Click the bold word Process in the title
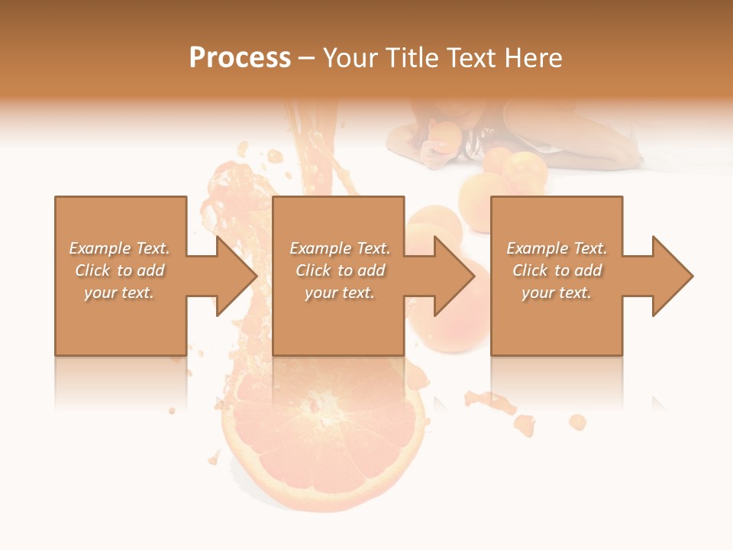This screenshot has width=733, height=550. (x=240, y=58)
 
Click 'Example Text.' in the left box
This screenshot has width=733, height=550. (x=120, y=248)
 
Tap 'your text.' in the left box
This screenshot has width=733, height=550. (x=120, y=293)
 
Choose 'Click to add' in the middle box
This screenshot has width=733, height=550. (x=340, y=270)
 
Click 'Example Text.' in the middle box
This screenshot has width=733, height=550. (x=340, y=248)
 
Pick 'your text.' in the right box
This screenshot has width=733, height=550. (x=557, y=293)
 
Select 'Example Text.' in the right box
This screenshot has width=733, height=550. (x=557, y=248)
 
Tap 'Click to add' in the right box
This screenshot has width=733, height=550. (x=557, y=270)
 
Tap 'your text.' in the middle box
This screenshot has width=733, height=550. (x=340, y=293)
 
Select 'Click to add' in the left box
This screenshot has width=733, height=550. (x=120, y=270)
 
